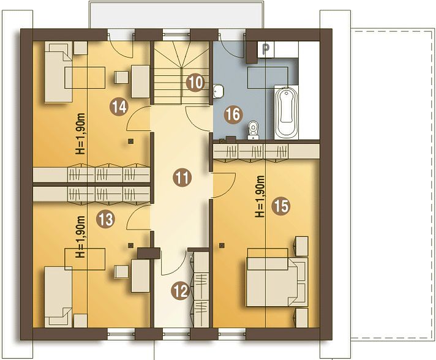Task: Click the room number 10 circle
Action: [x=195, y=83]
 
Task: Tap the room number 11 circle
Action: [x=182, y=178]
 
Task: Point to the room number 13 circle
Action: [x=106, y=219]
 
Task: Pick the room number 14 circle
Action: [x=119, y=107]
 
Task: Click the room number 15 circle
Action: [x=281, y=206]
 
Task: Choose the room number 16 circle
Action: [x=233, y=114]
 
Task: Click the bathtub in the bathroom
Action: [x=287, y=113]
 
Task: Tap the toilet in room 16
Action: [x=254, y=130]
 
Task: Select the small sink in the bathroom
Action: [x=219, y=91]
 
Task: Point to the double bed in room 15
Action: [x=277, y=282]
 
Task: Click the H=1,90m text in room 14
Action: [x=81, y=133]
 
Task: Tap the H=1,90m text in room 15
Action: [x=260, y=197]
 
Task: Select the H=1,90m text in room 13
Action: [x=81, y=236]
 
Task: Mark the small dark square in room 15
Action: [x=222, y=245]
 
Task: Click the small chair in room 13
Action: [x=122, y=272]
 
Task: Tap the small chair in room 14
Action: [x=122, y=77]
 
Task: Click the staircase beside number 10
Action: [x=181, y=72]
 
